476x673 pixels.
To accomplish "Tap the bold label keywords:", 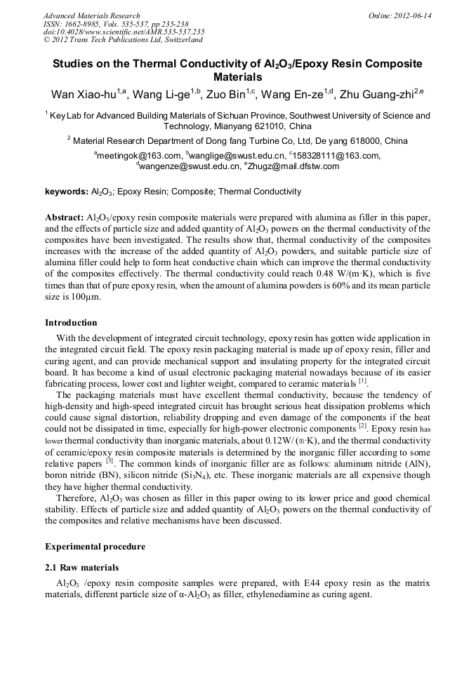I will point(67,192).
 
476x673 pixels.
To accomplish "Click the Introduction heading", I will point(71,323).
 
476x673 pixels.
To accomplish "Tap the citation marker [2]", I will point(363,425).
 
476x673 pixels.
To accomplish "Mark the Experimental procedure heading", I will point(95,547).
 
